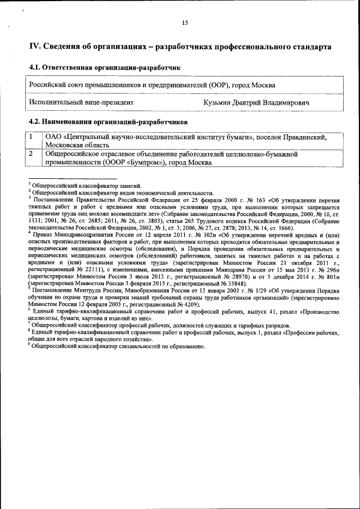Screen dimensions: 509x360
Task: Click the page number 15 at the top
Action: click(x=184, y=23)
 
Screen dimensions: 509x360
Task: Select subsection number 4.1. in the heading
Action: click(x=37, y=67)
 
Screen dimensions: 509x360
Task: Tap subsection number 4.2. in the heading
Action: click(x=37, y=121)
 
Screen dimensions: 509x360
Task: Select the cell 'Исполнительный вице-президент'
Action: click(x=81, y=102)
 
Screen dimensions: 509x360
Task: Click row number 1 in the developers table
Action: click(x=32, y=137)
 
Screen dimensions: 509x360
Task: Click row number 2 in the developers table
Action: click(x=32, y=153)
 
